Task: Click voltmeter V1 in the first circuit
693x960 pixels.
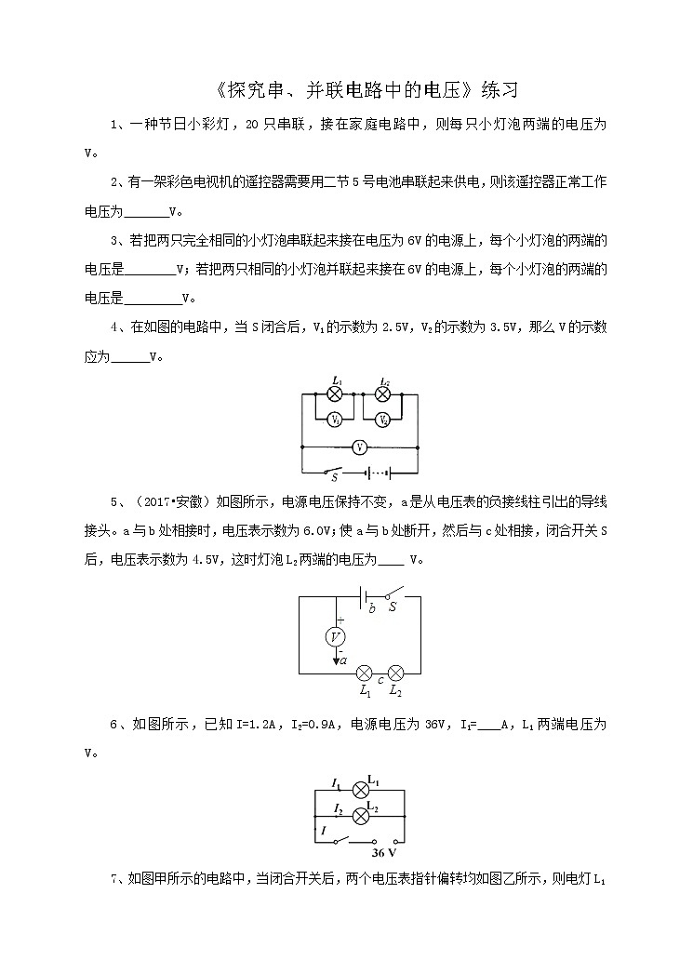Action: pyautogui.click(x=336, y=419)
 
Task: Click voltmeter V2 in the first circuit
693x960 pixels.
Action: pyautogui.click(x=383, y=419)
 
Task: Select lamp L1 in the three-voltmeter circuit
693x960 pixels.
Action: pyautogui.click(x=336, y=394)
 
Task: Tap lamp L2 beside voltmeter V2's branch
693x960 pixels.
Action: pyautogui.click(x=382, y=394)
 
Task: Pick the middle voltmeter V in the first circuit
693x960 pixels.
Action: pyautogui.click(x=359, y=447)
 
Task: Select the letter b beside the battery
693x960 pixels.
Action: pyautogui.click(x=372, y=607)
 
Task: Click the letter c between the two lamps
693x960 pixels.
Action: pyautogui.click(x=380, y=680)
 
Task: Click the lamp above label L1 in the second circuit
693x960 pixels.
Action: pyautogui.click(x=365, y=673)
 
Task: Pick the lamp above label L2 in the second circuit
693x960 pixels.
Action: pyautogui.click(x=395, y=673)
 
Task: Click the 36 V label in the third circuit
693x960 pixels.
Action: pyautogui.click(x=384, y=851)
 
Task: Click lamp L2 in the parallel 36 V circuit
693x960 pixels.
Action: pyautogui.click(x=361, y=816)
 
